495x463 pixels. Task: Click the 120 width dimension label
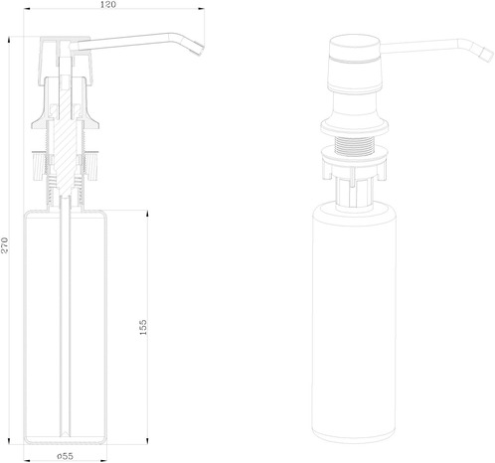(108, 4)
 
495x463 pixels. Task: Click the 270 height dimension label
(4, 245)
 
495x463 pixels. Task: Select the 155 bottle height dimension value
(143, 327)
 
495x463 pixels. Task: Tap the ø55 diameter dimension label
(65, 456)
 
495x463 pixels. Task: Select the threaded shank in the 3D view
(353, 145)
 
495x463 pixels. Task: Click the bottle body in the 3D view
(354, 321)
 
